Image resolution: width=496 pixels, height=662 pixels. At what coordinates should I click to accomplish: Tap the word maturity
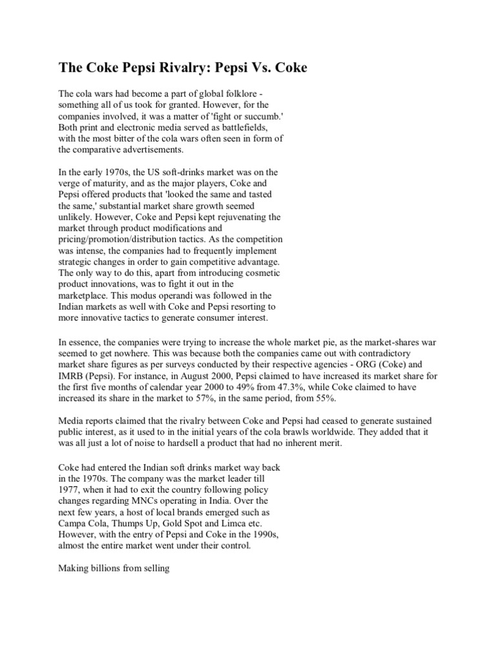(116, 184)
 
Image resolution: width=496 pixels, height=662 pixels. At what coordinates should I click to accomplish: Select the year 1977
(69, 488)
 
